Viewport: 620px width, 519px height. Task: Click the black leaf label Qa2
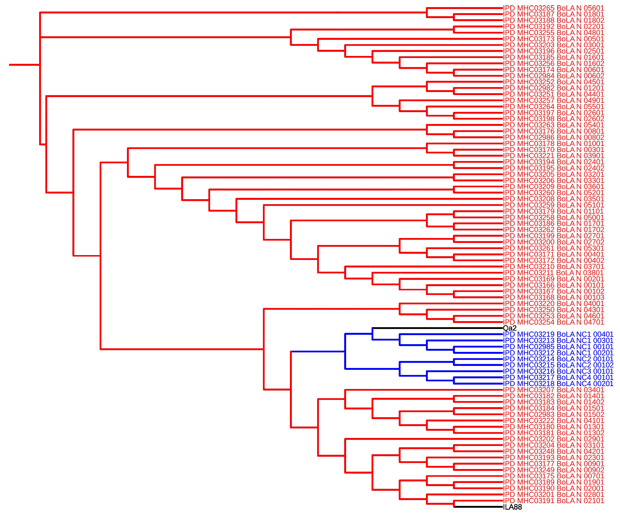coord(510,328)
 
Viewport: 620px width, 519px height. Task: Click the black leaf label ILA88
coord(512,507)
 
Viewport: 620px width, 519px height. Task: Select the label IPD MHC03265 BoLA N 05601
coord(554,8)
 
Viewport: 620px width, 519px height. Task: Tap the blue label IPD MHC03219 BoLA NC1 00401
coord(558,334)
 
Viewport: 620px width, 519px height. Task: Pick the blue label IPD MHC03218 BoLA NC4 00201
coord(558,384)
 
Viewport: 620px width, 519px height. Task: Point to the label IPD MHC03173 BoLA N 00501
coord(554,39)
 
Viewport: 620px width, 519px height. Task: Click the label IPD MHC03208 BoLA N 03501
coord(554,199)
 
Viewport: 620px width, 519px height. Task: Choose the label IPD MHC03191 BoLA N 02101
coord(554,500)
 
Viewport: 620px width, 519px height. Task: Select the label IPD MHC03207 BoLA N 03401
coord(554,390)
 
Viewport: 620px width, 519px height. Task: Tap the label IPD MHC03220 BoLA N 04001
coord(554,303)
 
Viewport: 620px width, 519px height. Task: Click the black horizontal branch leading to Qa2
coord(437,328)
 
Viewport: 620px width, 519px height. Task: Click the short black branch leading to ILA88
coord(478,507)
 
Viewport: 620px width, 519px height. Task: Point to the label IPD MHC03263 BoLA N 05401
coord(554,125)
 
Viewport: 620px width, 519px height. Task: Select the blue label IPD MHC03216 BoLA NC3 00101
coord(558,371)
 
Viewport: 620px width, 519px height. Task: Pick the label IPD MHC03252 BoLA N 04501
coord(554,82)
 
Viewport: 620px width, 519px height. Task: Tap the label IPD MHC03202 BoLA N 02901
coord(554,439)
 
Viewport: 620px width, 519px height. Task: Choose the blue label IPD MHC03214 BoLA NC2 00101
coord(558,359)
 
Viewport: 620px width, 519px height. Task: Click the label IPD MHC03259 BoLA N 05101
coord(554,205)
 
